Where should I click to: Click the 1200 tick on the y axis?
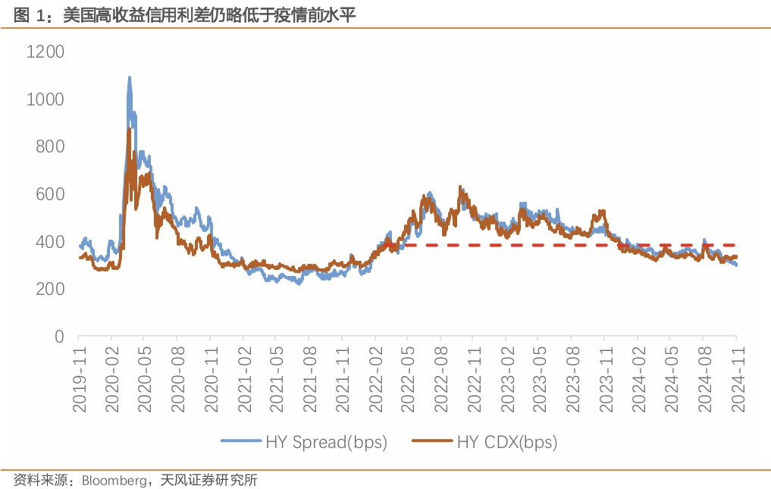45,52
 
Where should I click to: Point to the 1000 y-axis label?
45,99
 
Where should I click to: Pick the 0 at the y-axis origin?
59,337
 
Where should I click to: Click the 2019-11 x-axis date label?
80,379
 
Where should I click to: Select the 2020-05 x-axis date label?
146,379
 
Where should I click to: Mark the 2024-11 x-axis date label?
735,379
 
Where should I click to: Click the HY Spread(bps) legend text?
326,442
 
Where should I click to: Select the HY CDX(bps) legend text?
507,442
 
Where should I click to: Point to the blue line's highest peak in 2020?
129,77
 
